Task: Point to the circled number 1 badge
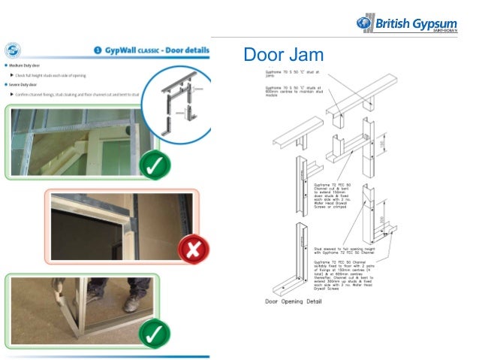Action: pos(98,51)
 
